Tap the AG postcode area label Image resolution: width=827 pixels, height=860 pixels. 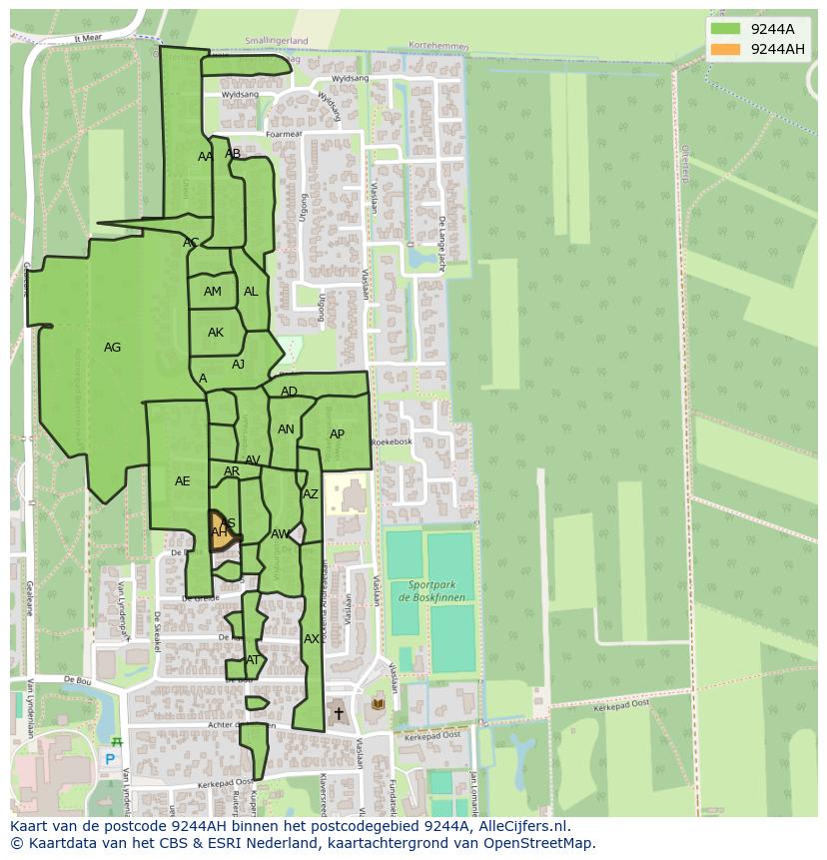click(x=112, y=348)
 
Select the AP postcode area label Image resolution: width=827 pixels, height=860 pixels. click(x=337, y=434)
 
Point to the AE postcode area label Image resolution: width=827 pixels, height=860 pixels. click(x=182, y=481)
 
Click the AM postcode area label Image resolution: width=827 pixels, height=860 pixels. click(x=213, y=292)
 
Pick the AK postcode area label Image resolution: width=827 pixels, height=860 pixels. click(x=216, y=333)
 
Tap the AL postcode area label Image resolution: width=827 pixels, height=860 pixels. click(x=251, y=292)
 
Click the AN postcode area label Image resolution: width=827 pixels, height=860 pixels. click(x=286, y=430)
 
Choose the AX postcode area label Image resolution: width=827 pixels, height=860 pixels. click(x=312, y=639)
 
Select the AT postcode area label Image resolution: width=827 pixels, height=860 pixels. click(x=253, y=660)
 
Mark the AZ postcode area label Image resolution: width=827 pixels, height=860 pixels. click(x=311, y=494)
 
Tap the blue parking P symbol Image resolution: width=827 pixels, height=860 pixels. click(x=110, y=759)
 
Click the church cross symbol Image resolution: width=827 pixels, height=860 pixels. click(x=339, y=713)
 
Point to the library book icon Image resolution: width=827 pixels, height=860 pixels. click(x=378, y=704)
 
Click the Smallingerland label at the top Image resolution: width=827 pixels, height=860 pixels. click(x=277, y=41)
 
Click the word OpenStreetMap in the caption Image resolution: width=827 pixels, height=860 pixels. click(x=543, y=843)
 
